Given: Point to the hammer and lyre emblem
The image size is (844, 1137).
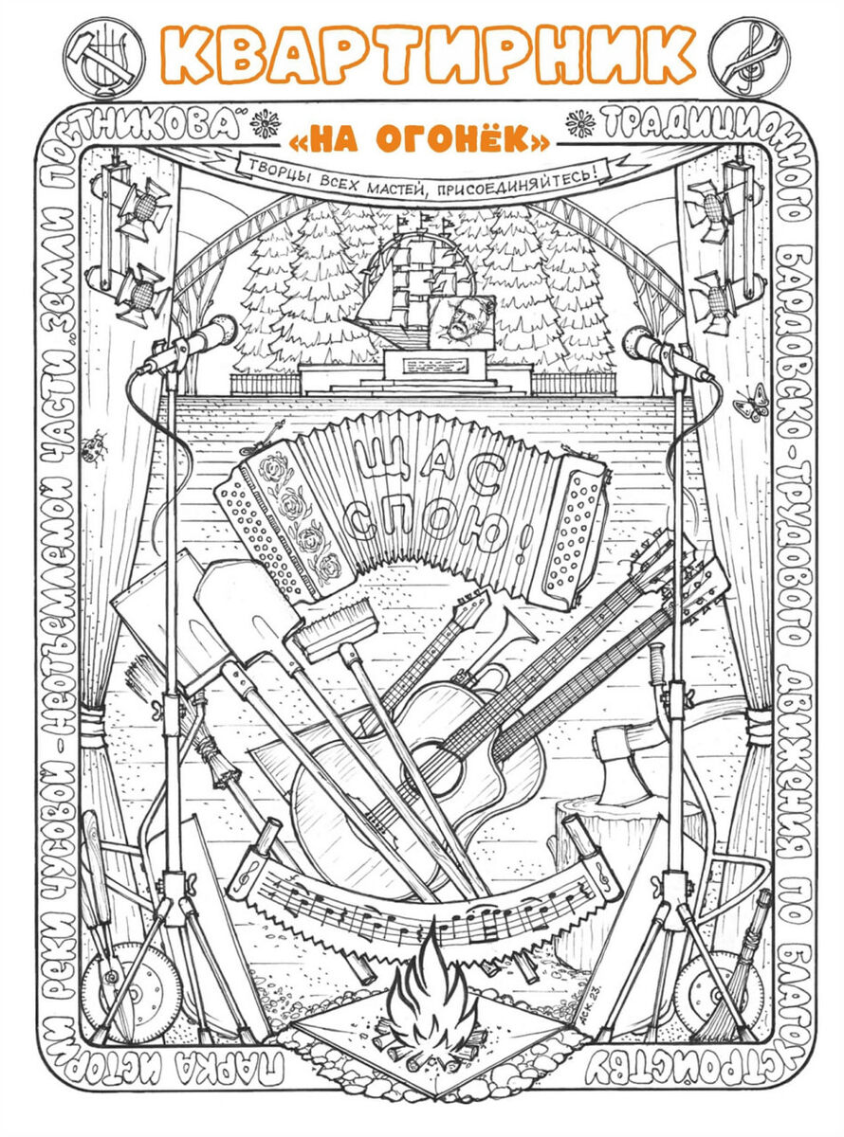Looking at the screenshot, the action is [102, 54].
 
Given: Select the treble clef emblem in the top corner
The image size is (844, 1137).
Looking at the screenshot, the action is [749, 52].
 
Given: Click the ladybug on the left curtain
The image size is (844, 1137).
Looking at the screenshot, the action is [93, 447].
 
